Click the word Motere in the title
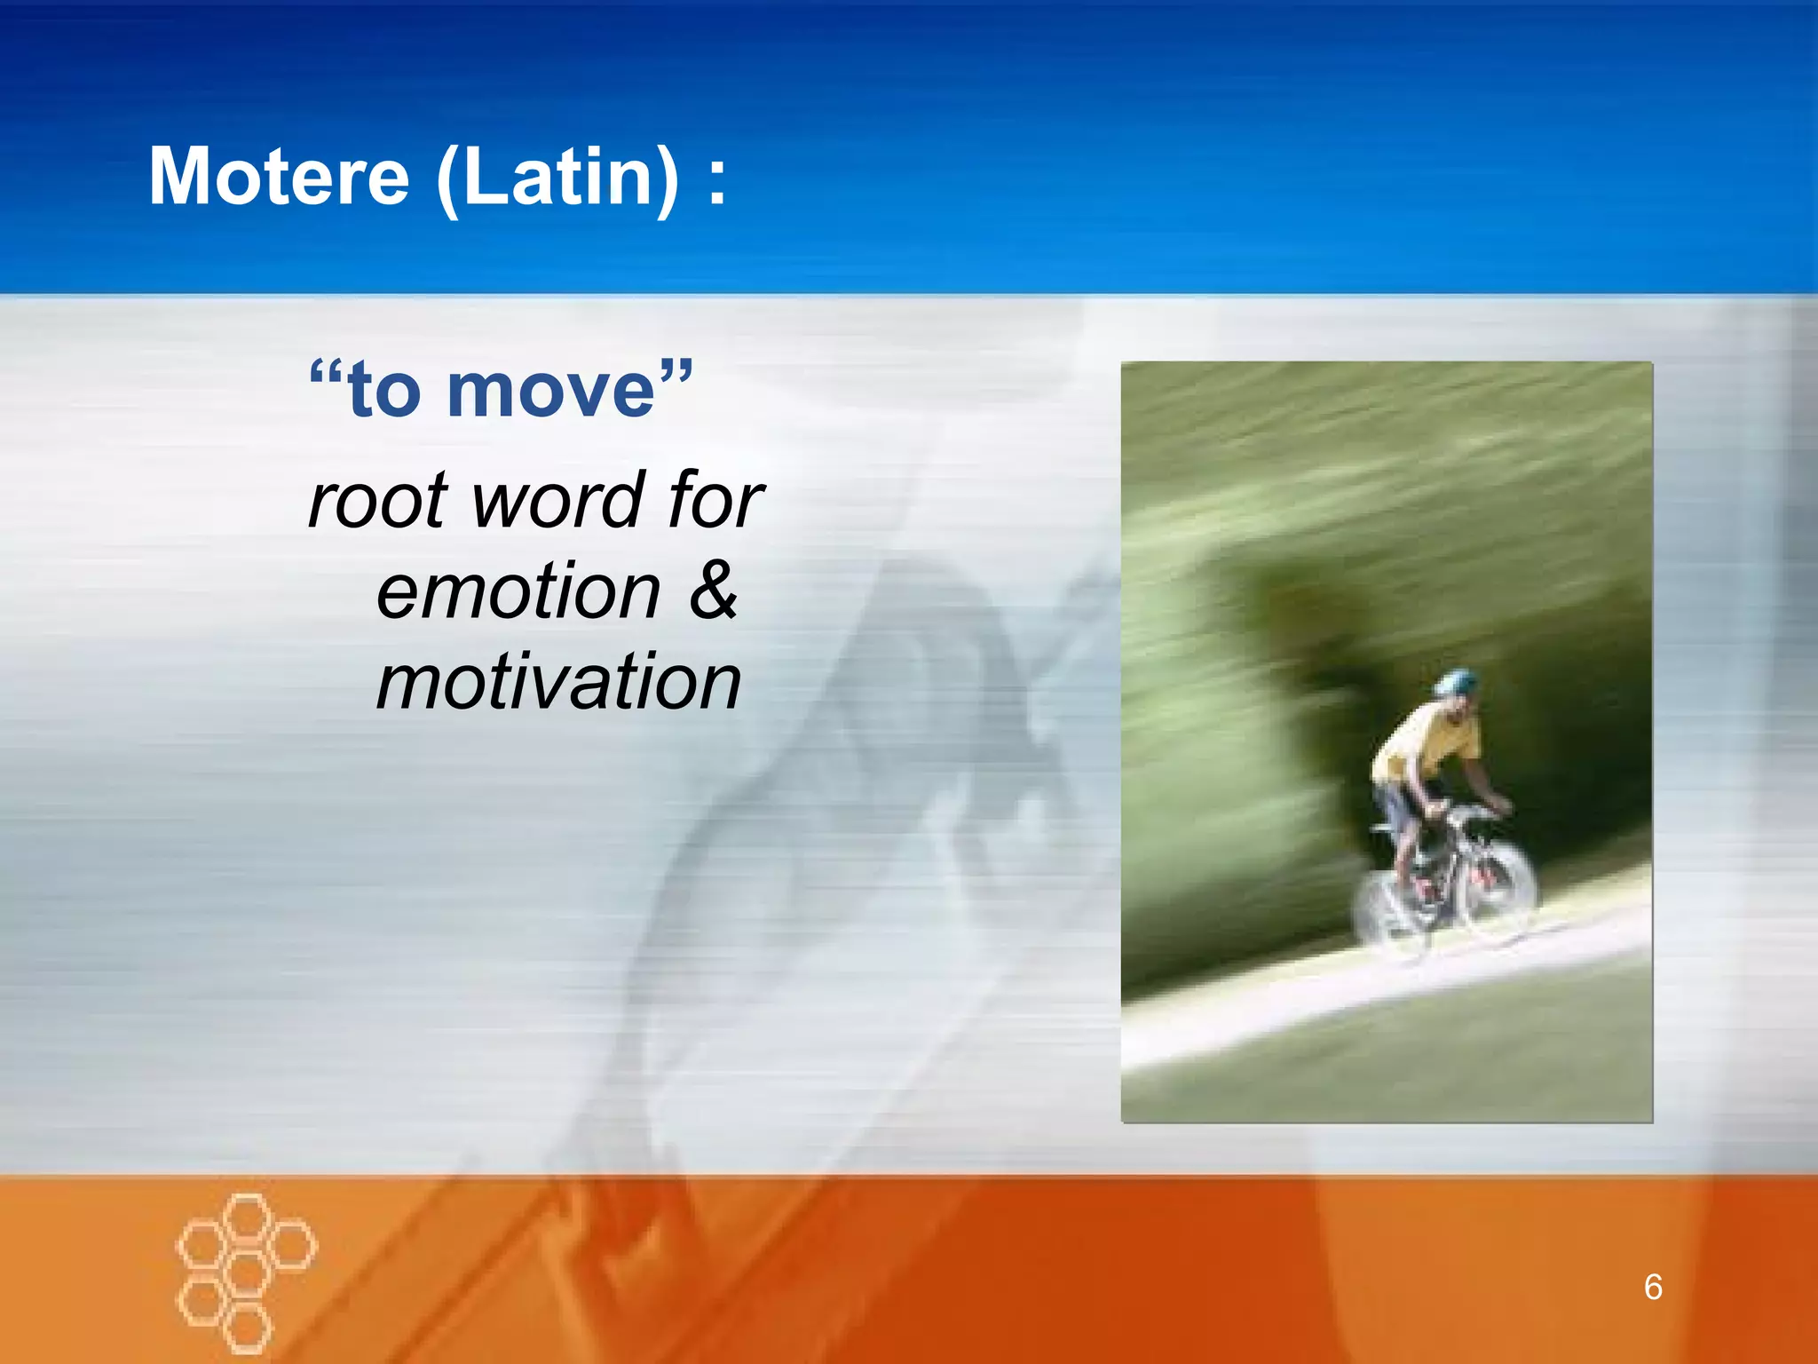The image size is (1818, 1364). (x=279, y=177)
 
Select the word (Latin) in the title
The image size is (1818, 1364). (x=558, y=177)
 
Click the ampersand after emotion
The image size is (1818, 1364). (x=712, y=591)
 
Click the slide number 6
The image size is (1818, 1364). (x=1652, y=1287)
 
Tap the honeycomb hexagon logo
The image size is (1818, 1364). (x=246, y=1272)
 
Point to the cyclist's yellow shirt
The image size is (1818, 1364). (x=1424, y=742)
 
